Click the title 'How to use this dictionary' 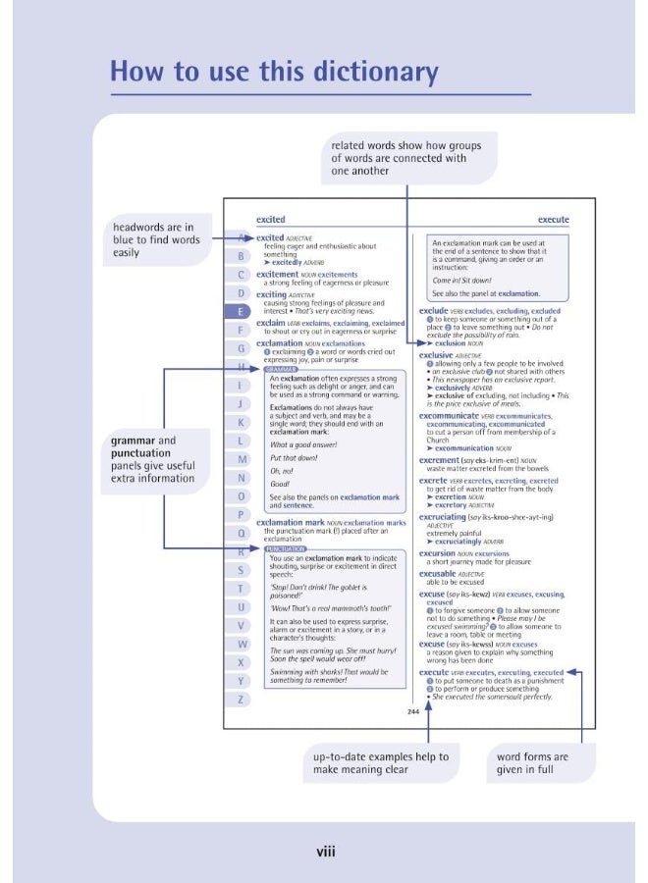click(x=274, y=72)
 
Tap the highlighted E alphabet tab click(x=241, y=312)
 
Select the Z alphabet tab click(x=241, y=699)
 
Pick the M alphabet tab click(x=241, y=459)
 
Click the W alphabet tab click(x=241, y=644)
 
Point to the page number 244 click(x=413, y=712)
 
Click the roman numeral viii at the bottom click(x=325, y=851)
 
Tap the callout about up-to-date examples click(x=381, y=763)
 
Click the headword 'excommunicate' click(x=455, y=416)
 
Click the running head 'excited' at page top click(x=270, y=220)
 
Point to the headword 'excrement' click(x=440, y=460)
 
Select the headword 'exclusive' click(x=438, y=354)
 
